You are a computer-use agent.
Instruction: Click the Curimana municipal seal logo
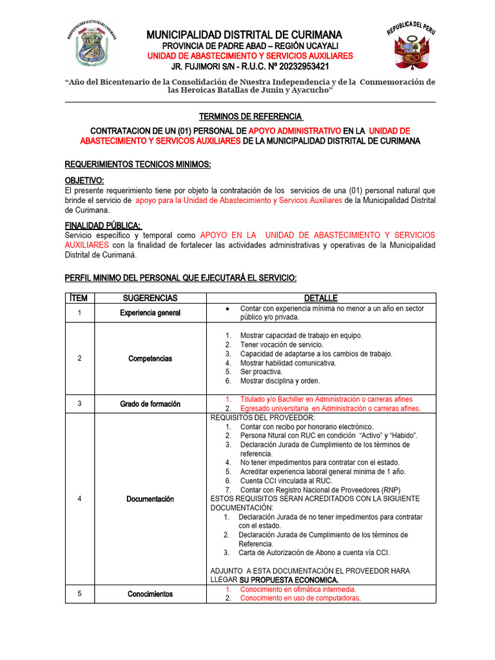92,46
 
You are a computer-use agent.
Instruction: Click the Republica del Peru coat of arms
412,47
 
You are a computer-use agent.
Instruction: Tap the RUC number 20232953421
297,66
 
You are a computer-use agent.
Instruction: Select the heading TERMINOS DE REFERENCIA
250,116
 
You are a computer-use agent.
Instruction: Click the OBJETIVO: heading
84,180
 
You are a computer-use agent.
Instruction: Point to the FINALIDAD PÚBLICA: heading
103,225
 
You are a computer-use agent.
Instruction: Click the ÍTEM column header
80,298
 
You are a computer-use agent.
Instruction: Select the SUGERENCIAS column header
150,298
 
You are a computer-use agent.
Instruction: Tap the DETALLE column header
320,298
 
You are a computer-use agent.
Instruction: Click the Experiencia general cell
150,313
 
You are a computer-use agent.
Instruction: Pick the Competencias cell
150,358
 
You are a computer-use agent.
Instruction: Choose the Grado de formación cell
150,404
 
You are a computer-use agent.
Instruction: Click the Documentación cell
150,499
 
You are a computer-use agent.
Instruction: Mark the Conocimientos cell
150,594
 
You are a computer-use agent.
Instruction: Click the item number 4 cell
80,499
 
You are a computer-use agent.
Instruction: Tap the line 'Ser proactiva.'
261,372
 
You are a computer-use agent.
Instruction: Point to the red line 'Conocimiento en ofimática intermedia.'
298,589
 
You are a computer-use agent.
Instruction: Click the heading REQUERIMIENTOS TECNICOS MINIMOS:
138,165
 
